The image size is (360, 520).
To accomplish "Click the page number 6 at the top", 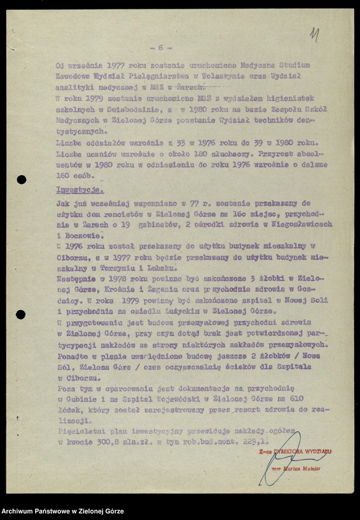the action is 161,47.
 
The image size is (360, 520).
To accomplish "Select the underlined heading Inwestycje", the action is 80,191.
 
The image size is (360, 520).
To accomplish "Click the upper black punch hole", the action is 22,180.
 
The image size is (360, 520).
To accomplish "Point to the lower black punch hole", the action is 21,314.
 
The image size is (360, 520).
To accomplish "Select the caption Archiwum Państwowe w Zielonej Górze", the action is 62,511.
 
